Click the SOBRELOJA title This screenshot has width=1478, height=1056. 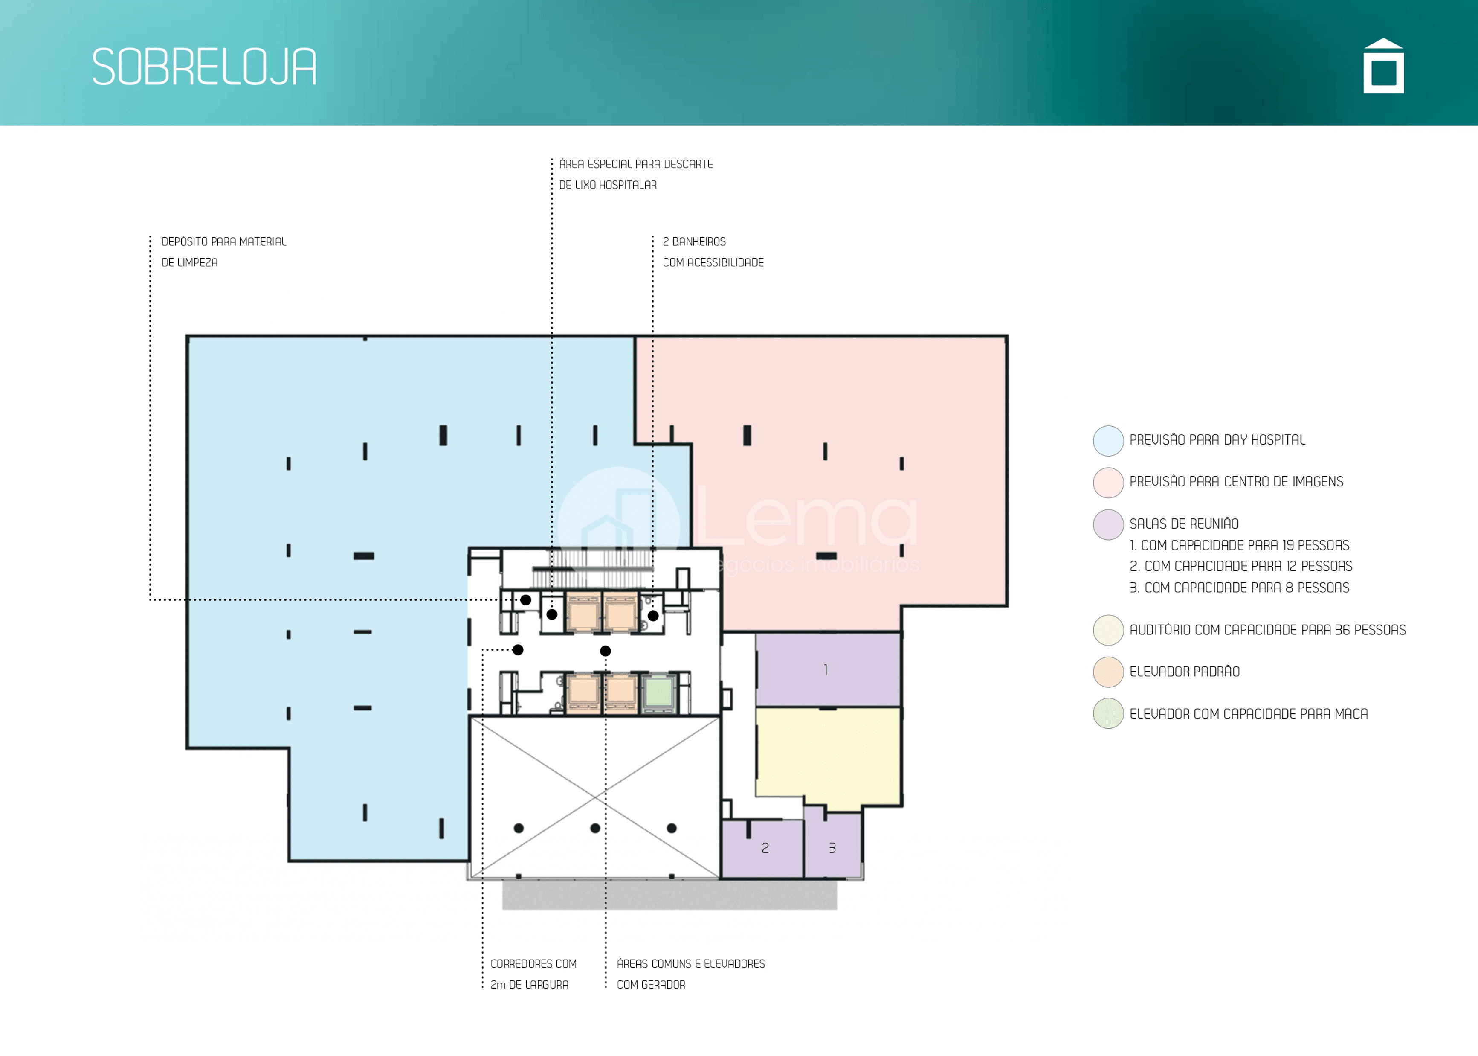click(x=204, y=67)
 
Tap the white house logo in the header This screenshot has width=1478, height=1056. click(x=1383, y=66)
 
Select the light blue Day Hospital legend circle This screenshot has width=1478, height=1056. click(x=1108, y=441)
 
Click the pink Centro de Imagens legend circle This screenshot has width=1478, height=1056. click(x=1108, y=483)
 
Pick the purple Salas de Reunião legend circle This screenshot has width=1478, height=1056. click(x=1108, y=525)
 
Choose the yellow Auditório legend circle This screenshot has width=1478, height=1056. click(x=1108, y=630)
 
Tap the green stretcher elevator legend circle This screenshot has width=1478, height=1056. click(x=1108, y=713)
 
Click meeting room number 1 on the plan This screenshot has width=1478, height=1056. click(x=827, y=670)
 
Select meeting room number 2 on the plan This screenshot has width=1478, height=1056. click(x=763, y=849)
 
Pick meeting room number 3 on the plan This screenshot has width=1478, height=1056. click(x=832, y=845)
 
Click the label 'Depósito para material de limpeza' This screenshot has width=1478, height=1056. click(x=223, y=252)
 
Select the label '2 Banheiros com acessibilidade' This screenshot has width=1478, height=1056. click(x=713, y=252)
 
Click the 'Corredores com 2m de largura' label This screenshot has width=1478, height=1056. click(x=533, y=974)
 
